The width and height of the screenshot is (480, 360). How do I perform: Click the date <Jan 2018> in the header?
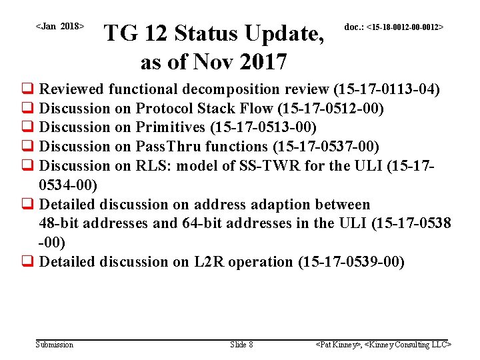pyautogui.click(x=59, y=27)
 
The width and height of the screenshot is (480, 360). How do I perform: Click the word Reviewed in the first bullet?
pyautogui.click(x=72, y=89)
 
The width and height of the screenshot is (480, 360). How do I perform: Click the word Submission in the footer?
pyautogui.click(x=55, y=345)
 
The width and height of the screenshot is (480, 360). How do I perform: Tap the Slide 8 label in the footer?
pyautogui.click(x=241, y=345)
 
